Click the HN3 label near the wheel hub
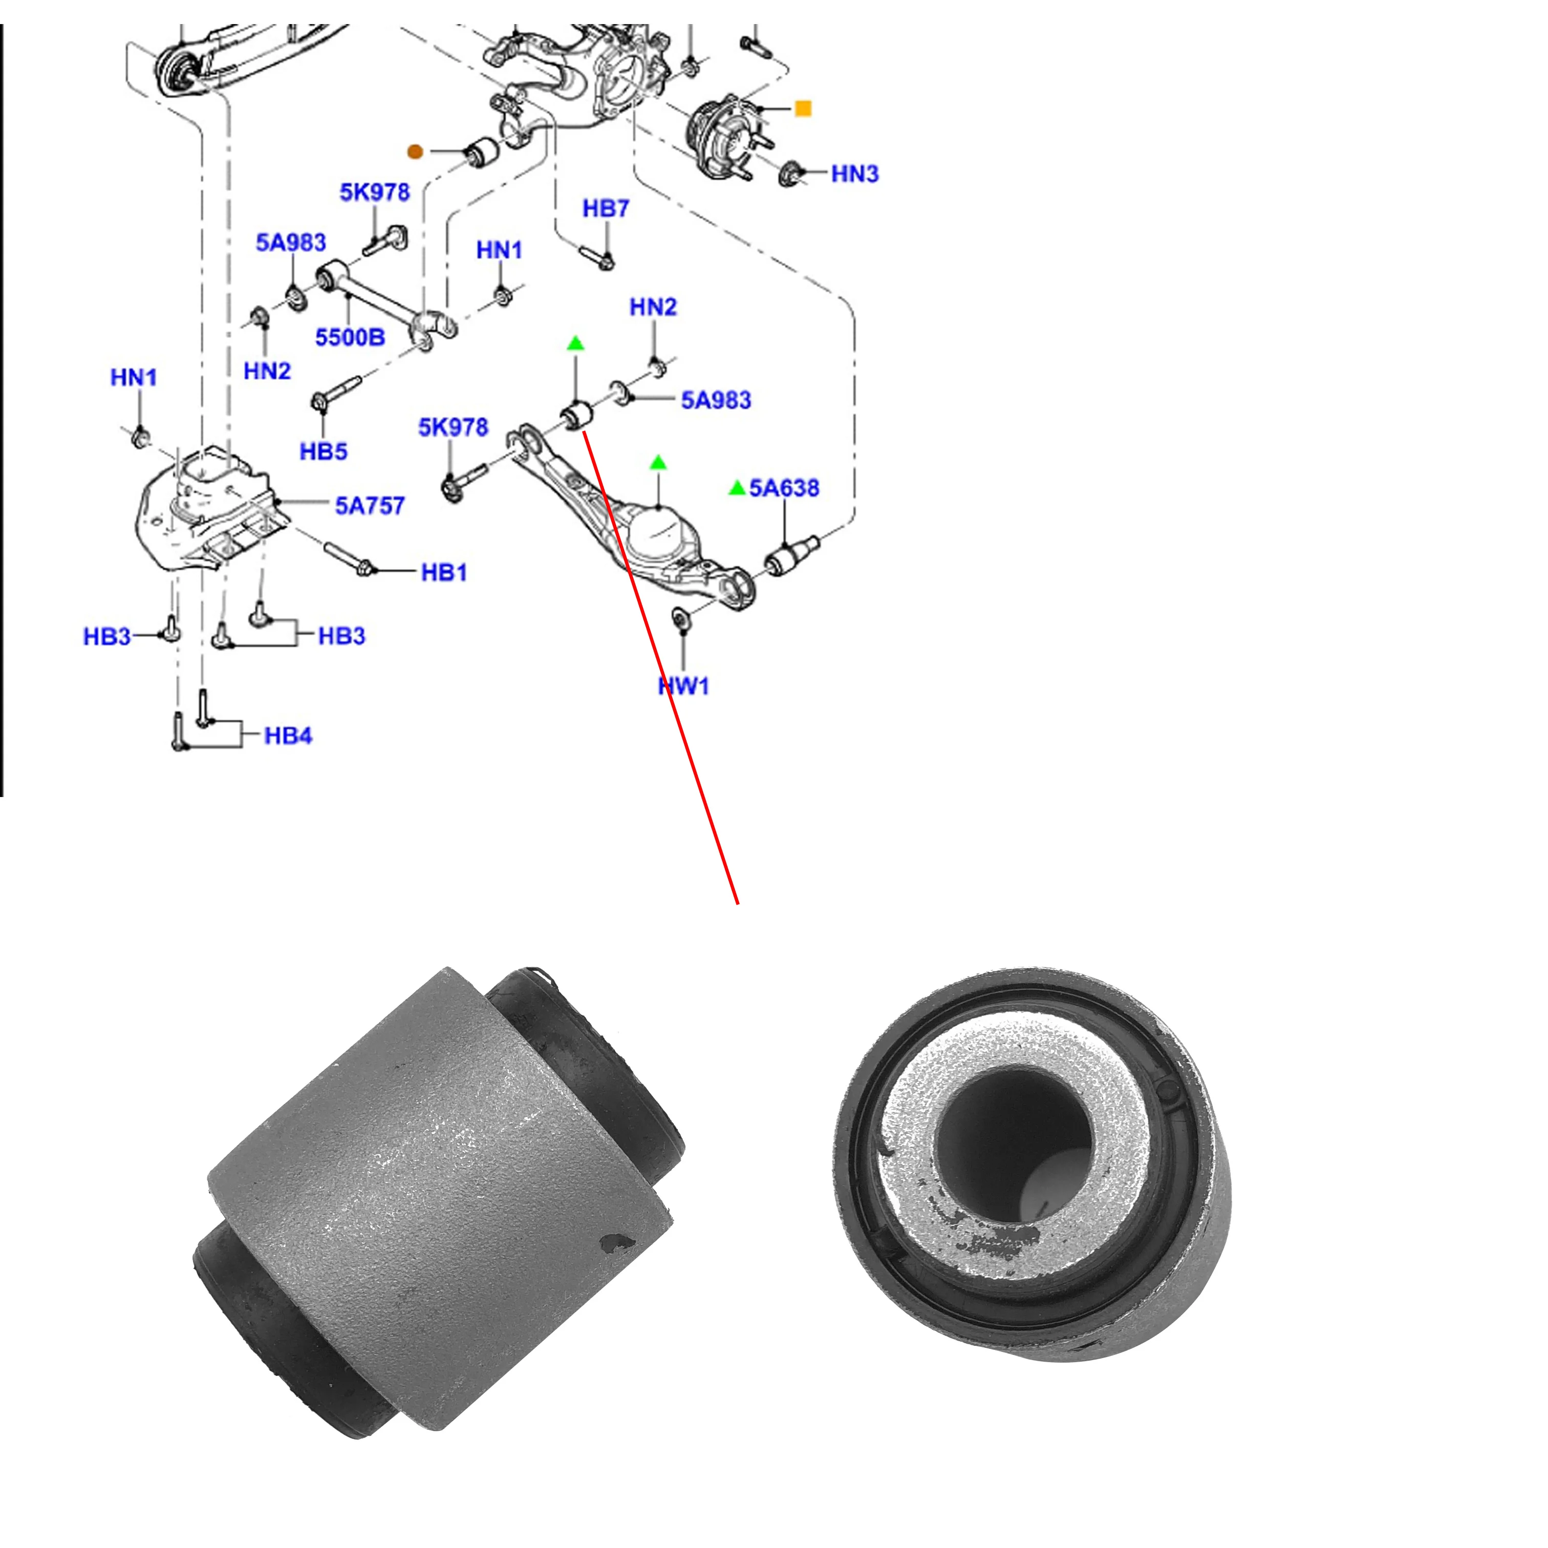(x=854, y=174)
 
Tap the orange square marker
(x=802, y=108)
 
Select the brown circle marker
(x=414, y=152)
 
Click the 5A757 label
(x=370, y=506)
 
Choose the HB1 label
(x=443, y=572)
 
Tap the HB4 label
(x=288, y=736)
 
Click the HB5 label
(x=323, y=451)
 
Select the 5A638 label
(x=784, y=488)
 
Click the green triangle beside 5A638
(x=736, y=488)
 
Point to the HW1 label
(x=683, y=686)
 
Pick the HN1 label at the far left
(x=133, y=377)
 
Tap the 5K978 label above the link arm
(x=374, y=192)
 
